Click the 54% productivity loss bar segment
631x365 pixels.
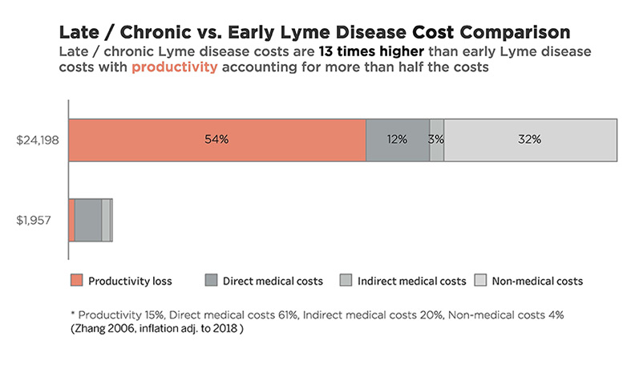pos(216,139)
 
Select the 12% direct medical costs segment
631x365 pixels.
pos(397,139)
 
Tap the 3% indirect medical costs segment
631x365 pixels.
pos(436,139)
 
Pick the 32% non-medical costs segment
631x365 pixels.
pos(530,139)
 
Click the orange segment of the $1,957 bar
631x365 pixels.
pos(71,220)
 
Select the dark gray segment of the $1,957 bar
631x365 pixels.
pos(88,220)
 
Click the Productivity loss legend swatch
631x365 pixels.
pos(76,281)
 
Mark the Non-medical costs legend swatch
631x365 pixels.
pos(482,281)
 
